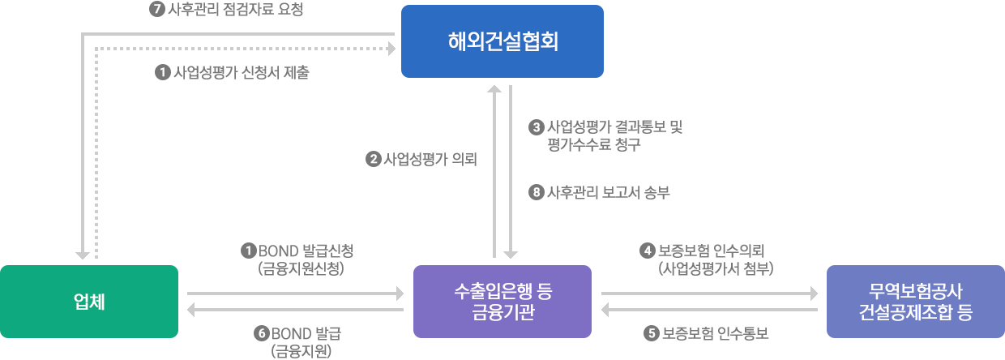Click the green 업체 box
tap(89, 302)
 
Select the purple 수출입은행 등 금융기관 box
tap(502, 302)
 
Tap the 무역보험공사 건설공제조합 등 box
tap(915, 302)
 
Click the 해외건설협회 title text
tap(503, 41)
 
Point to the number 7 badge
tap(157, 10)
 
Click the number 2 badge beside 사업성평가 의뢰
tap(373, 160)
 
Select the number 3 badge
tap(536, 127)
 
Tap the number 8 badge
tap(536, 192)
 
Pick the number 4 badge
tap(647, 251)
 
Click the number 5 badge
tap(652, 333)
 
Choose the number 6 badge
tap(260, 333)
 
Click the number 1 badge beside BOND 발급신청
tap(248, 251)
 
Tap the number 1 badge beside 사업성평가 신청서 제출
tap(162, 72)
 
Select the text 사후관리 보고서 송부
tap(609, 192)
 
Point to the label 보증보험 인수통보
tap(714, 333)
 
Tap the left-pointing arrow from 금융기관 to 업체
tap(295, 309)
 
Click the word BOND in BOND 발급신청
tap(278, 251)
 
